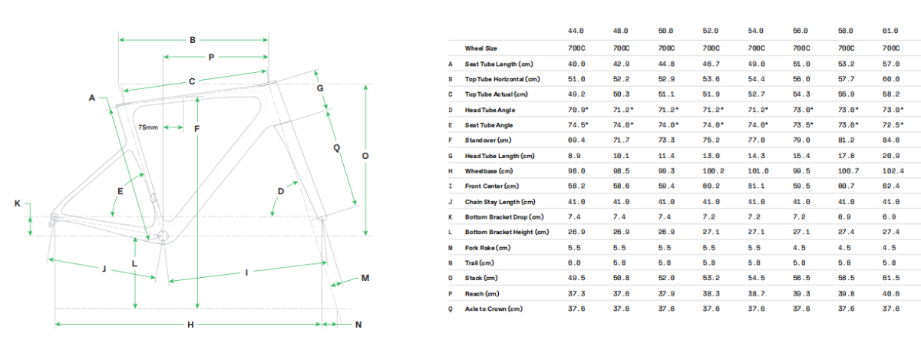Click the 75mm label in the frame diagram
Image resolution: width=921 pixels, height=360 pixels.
[147, 127]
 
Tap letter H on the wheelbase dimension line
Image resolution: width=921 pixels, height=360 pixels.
[190, 325]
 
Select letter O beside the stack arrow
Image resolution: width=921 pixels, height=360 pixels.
[365, 156]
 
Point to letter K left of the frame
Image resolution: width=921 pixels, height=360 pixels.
[18, 203]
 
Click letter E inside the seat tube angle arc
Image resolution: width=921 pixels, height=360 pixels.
[120, 190]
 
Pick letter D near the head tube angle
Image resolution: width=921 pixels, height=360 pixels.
[281, 190]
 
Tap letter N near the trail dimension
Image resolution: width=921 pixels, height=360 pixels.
[358, 325]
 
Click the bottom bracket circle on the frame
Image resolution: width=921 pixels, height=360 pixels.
[162, 235]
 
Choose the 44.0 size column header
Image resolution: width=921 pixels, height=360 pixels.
[577, 31]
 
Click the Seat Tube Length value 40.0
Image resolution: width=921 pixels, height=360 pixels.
[577, 63]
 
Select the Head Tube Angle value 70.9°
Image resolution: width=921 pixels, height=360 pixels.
[578, 109]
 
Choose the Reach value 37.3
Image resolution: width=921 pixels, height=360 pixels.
[577, 293]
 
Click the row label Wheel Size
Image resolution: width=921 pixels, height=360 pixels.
[482, 48]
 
